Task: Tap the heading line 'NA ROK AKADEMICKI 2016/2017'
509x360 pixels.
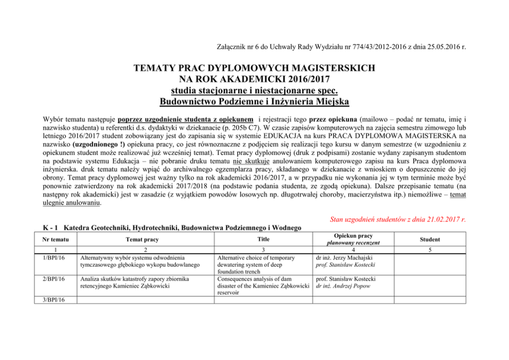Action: (x=254, y=79)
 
